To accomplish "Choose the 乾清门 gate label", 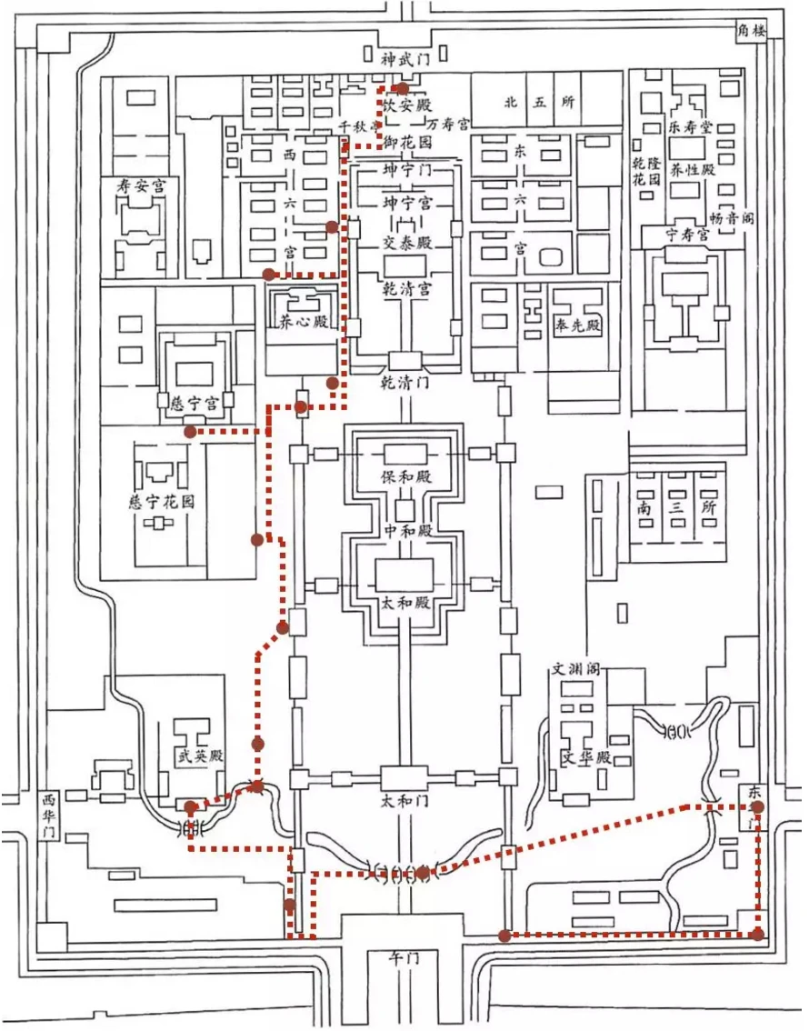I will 403,384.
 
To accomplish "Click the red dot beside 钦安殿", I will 401,89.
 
